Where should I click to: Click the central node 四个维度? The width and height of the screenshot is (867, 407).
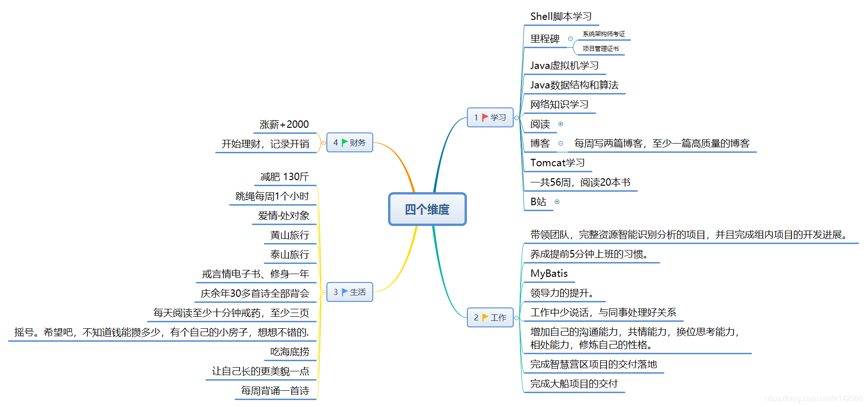(427, 209)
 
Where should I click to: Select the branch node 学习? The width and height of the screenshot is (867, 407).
(490, 118)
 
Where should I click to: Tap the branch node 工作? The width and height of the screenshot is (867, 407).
(490, 318)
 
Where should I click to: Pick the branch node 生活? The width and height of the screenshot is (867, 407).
(350, 292)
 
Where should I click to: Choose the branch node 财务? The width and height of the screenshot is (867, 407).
(350, 143)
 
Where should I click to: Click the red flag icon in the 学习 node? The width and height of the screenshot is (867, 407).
(484, 118)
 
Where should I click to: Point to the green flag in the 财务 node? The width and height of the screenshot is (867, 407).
(344, 143)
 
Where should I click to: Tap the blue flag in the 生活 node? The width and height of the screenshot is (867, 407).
(344, 292)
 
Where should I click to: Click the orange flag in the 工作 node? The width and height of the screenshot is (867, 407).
(484, 318)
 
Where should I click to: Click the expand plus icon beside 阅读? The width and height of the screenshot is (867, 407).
(561, 124)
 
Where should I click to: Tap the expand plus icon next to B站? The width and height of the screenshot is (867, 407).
(557, 202)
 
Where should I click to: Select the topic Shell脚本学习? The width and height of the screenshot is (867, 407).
(561, 17)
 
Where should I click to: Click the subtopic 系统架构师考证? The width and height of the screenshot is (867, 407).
(604, 34)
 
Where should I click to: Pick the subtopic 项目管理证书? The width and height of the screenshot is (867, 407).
(600, 49)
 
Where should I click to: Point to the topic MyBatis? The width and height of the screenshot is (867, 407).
(549, 274)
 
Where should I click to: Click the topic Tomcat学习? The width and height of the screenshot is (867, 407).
(557, 163)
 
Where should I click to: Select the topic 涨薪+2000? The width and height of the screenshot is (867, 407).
(284, 125)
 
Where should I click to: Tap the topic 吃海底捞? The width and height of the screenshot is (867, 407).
(289, 352)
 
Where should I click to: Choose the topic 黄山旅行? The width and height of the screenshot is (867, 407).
(289, 235)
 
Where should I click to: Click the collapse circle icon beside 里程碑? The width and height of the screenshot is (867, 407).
(570, 39)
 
